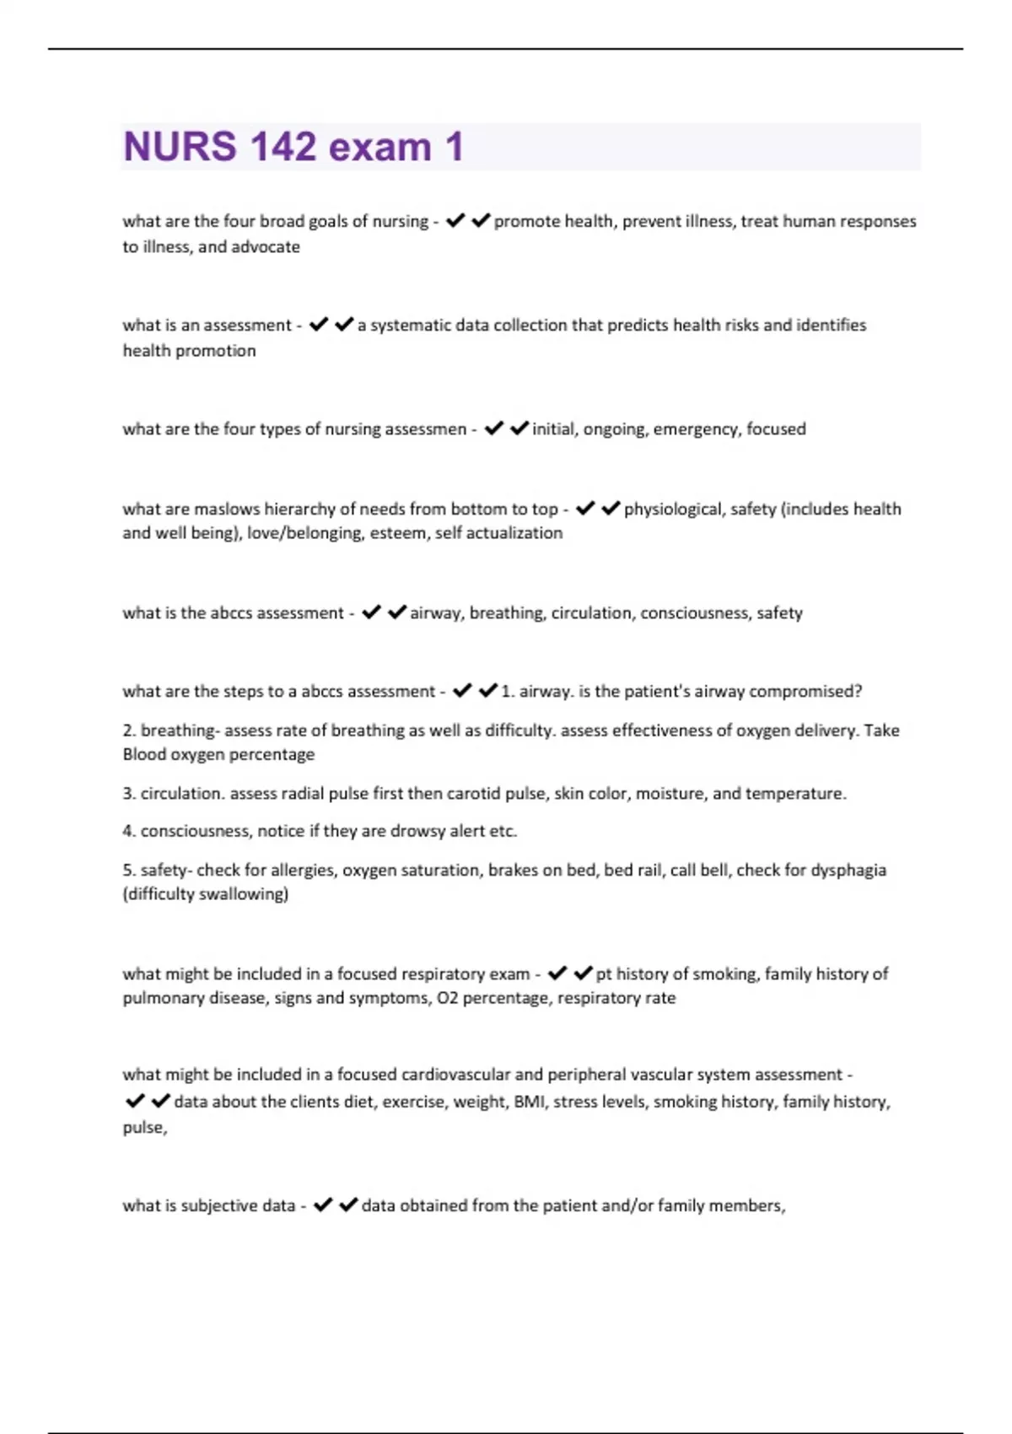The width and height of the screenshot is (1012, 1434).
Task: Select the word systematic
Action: (x=411, y=326)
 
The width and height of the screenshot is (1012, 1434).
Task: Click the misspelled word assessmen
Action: (x=425, y=429)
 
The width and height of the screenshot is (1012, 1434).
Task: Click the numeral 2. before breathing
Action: (x=129, y=730)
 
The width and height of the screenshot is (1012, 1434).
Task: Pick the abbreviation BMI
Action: (x=530, y=1102)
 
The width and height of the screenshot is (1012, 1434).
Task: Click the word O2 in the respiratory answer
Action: (x=447, y=999)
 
